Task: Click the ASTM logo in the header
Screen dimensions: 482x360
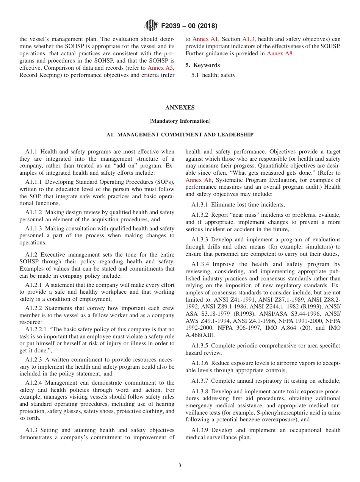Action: (151, 26)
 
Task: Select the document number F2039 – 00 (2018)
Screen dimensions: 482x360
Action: (189, 26)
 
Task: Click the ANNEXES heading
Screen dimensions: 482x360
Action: (180, 108)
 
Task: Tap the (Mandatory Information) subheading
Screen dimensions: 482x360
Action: (180, 121)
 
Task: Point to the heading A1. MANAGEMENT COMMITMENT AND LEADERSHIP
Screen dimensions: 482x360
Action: (180, 135)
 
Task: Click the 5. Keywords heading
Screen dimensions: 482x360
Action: (202, 65)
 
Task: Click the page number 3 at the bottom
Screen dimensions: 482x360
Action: (180, 465)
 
